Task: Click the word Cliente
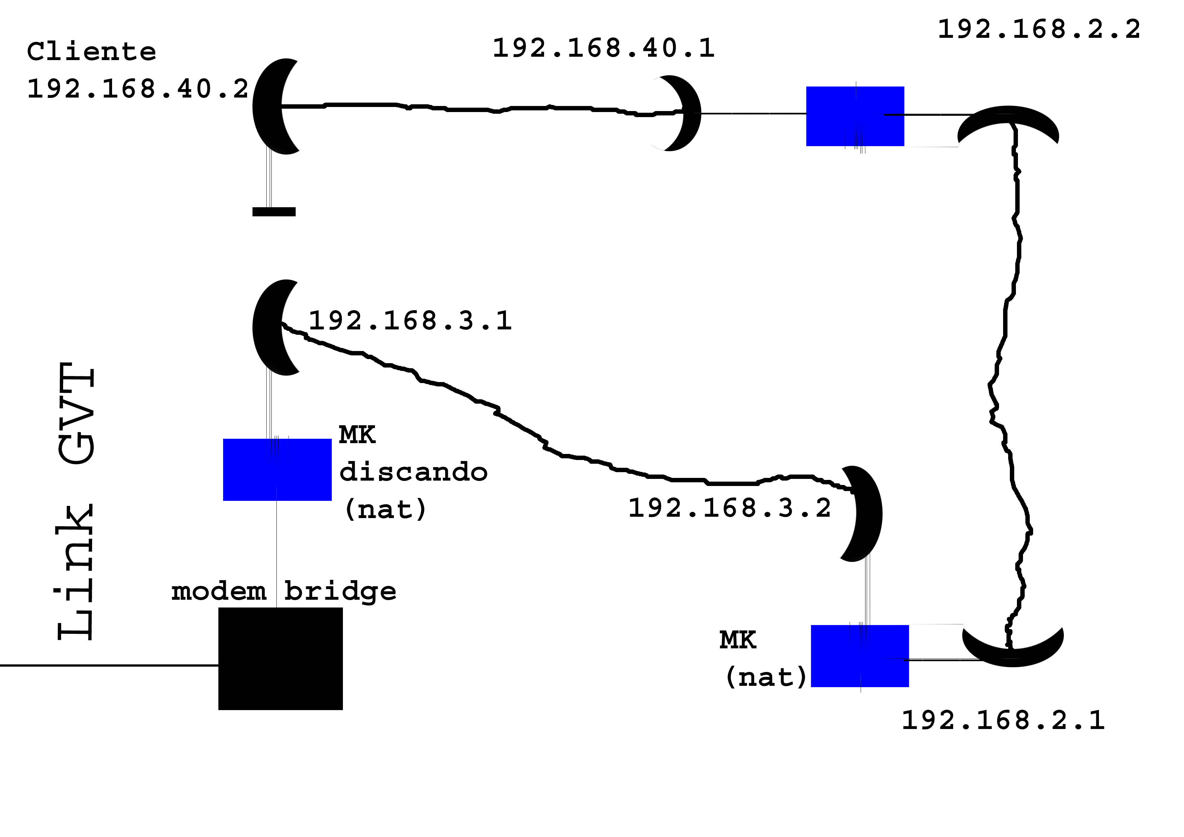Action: [x=91, y=52]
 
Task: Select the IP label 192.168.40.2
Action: [x=138, y=89]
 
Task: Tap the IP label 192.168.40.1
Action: [x=603, y=49]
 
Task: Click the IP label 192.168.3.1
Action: [x=410, y=321]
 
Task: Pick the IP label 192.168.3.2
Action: [x=729, y=509]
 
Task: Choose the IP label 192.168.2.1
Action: [x=1003, y=721]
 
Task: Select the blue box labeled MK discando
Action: [x=277, y=469]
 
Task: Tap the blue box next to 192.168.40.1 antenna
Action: [x=855, y=116]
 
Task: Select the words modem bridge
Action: [x=284, y=592]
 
